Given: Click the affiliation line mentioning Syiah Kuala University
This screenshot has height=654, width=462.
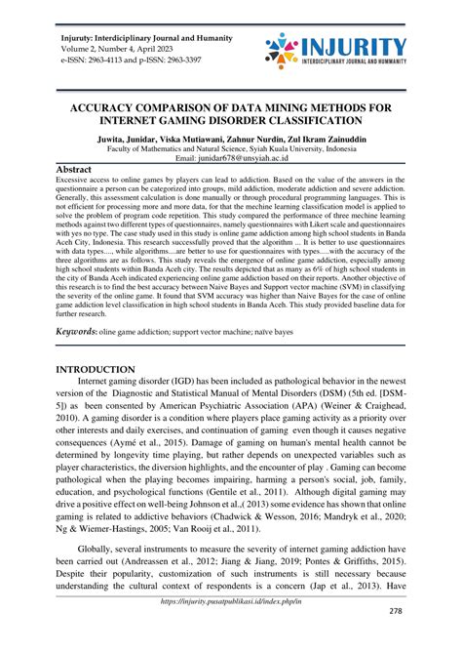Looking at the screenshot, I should [230, 147].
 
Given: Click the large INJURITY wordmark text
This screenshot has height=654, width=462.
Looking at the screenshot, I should [355, 46].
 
